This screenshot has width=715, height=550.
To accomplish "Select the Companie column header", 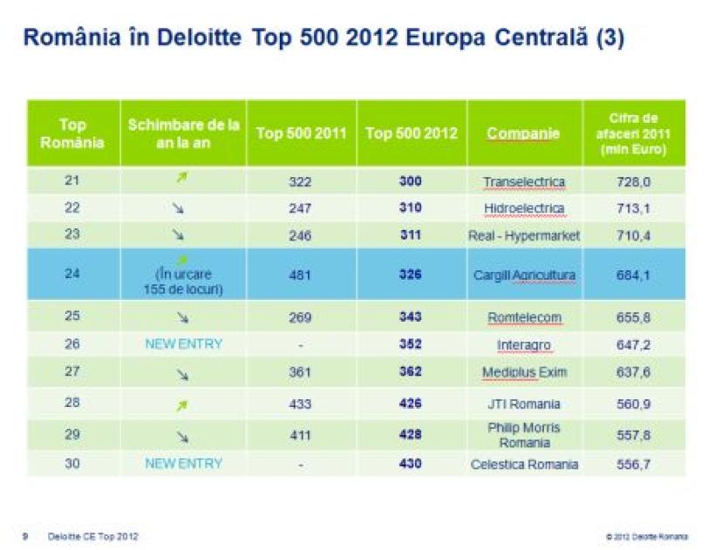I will pyautogui.click(x=523, y=133).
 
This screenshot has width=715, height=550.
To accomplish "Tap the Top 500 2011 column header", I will pyautogui.click(x=301, y=133).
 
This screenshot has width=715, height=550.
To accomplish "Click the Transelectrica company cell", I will pyautogui.click(x=524, y=182).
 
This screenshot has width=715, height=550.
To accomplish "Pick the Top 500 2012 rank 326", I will pyautogui.click(x=410, y=275).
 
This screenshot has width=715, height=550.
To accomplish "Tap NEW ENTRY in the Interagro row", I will pyautogui.click(x=184, y=344).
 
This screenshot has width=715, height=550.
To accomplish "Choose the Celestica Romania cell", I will pyautogui.click(x=524, y=464).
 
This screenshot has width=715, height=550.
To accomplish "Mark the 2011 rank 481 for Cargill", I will pyautogui.click(x=300, y=275).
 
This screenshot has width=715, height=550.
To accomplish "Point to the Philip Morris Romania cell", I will pyautogui.click(x=524, y=435).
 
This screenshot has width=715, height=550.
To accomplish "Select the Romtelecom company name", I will pyautogui.click(x=524, y=318).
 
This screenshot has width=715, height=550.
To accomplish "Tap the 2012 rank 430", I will pyautogui.click(x=410, y=464).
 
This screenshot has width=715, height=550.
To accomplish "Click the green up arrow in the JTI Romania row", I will pyautogui.click(x=182, y=404).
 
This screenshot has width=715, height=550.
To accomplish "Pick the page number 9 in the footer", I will pyautogui.click(x=25, y=536).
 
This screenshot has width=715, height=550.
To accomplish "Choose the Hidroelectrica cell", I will pyautogui.click(x=524, y=209).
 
